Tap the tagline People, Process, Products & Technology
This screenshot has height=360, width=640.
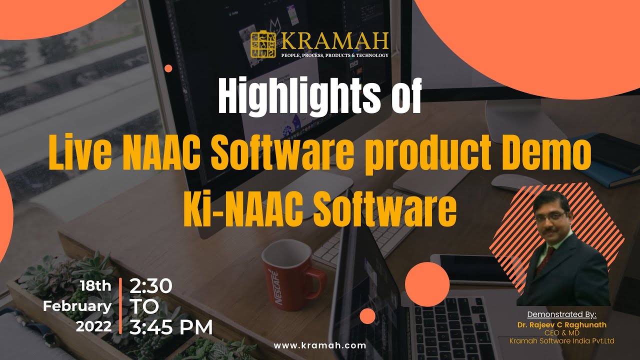(334, 55)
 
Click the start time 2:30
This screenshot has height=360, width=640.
(150, 286)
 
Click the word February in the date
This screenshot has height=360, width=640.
(77, 306)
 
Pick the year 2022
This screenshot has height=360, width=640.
(93, 326)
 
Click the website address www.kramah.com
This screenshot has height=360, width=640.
(320, 345)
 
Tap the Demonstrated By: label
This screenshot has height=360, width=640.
(562, 314)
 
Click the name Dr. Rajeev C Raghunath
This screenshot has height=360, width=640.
(562, 324)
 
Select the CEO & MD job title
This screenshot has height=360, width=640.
(562, 333)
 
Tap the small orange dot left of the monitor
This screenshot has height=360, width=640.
(168, 68)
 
